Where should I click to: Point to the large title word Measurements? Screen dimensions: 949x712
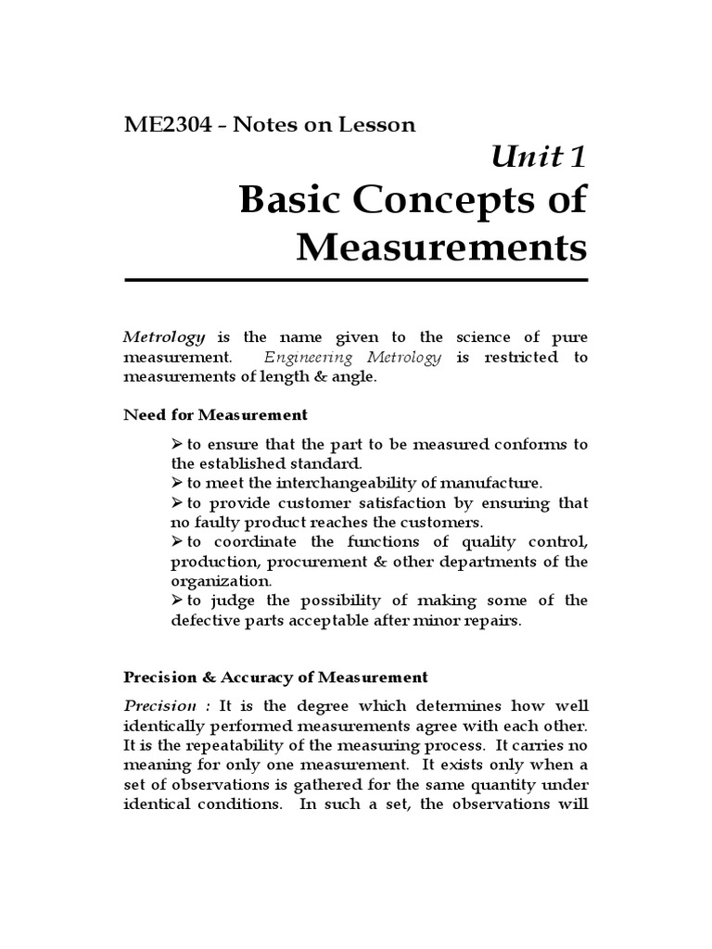click(441, 247)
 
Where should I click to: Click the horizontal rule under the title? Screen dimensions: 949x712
click(356, 279)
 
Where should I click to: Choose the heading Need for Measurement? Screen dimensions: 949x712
click(215, 414)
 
